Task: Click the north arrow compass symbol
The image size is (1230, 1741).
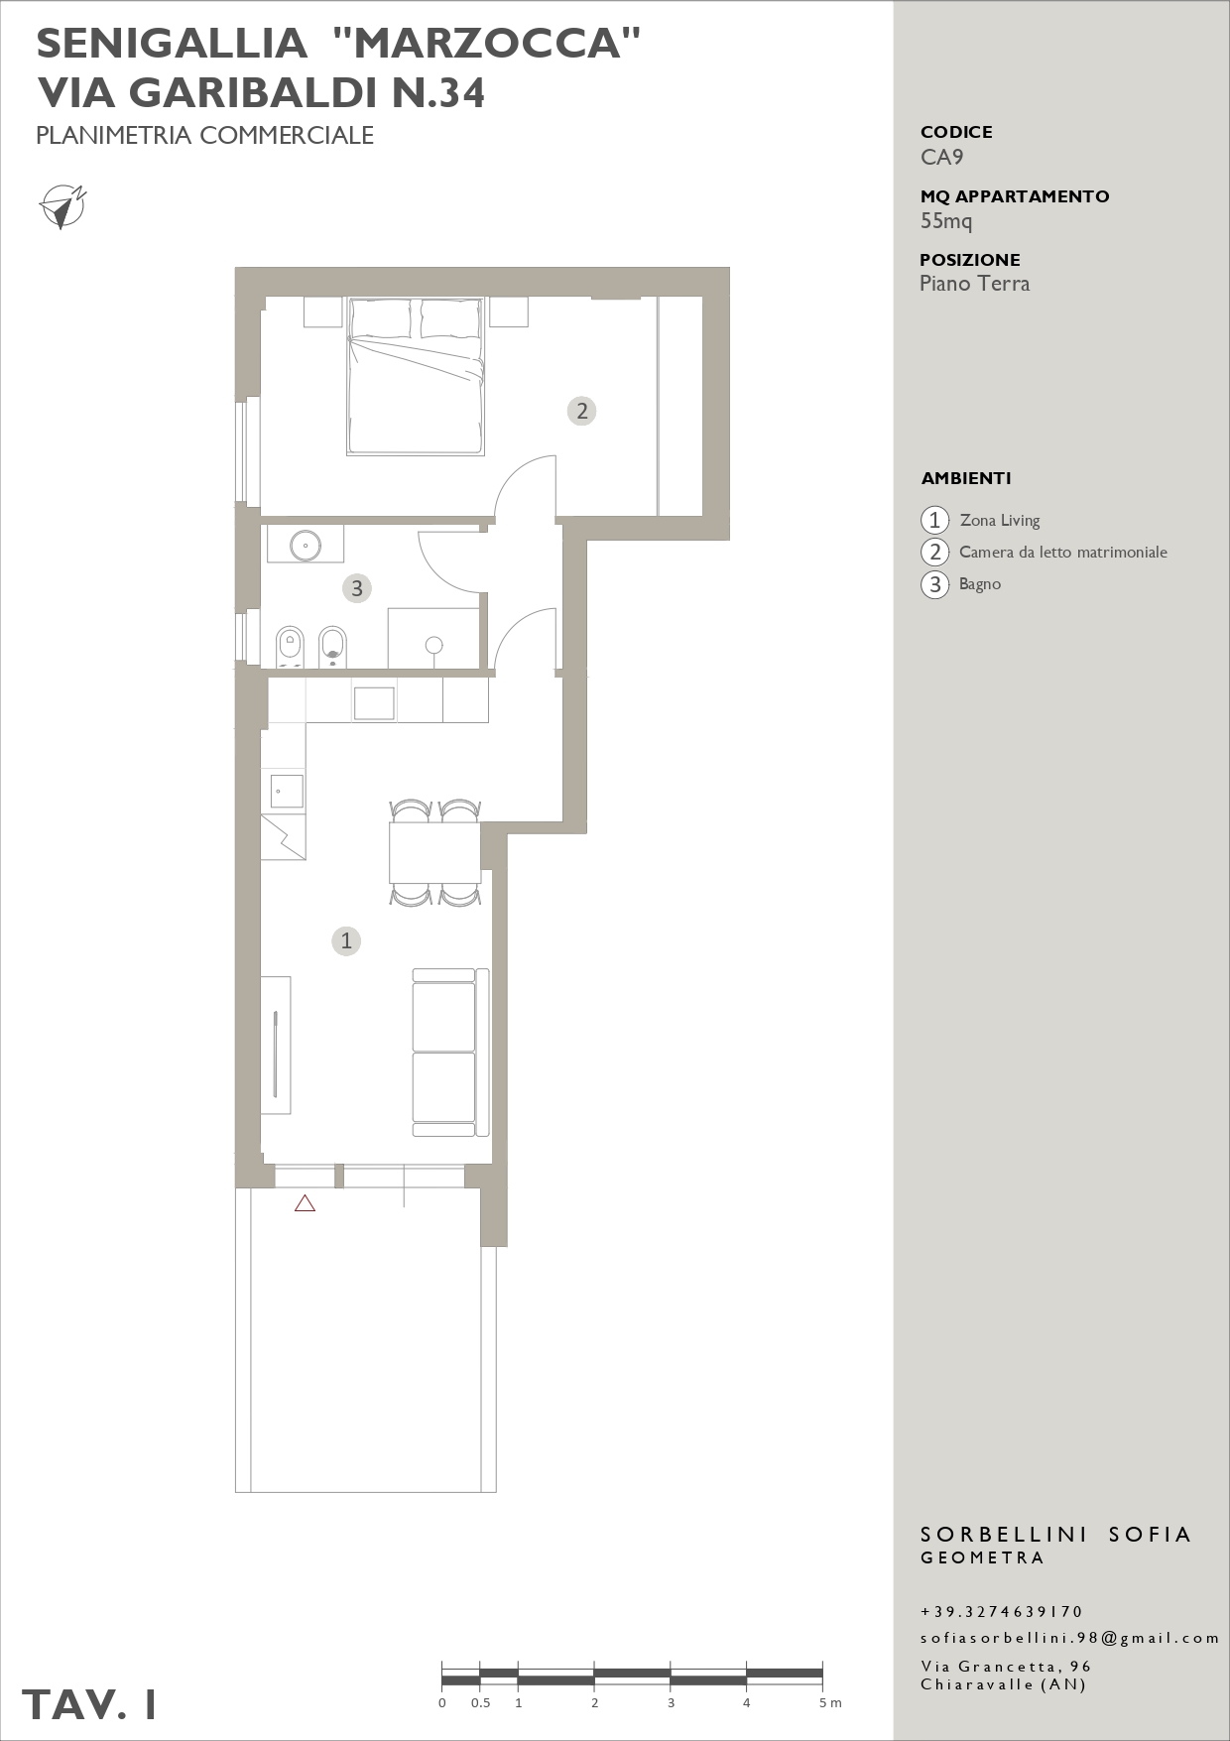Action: [62, 206]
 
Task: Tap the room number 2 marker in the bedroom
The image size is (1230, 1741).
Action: [582, 411]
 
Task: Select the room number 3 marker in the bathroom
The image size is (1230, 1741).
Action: [357, 588]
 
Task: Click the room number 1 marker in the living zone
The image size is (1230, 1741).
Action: [346, 940]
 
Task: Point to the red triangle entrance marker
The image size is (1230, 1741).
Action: [305, 1203]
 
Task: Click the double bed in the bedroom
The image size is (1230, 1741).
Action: [416, 377]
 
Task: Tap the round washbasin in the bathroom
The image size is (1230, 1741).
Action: [306, 545]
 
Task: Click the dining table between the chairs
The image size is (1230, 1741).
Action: [434, 852]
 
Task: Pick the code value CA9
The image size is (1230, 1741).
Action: [941, 157]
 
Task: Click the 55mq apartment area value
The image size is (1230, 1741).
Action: [946, 221]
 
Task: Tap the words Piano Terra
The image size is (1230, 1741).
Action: [975, 284]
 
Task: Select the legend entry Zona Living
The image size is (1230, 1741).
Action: [1000, 520]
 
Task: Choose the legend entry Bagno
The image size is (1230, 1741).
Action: [980, 584]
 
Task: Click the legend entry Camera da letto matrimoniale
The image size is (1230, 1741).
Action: [1063, 552]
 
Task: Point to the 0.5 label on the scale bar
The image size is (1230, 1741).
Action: [480, 1702]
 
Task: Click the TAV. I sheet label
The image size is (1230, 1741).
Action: [90, 1704]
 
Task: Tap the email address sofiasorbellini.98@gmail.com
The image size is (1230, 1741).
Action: [1069, 1638]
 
